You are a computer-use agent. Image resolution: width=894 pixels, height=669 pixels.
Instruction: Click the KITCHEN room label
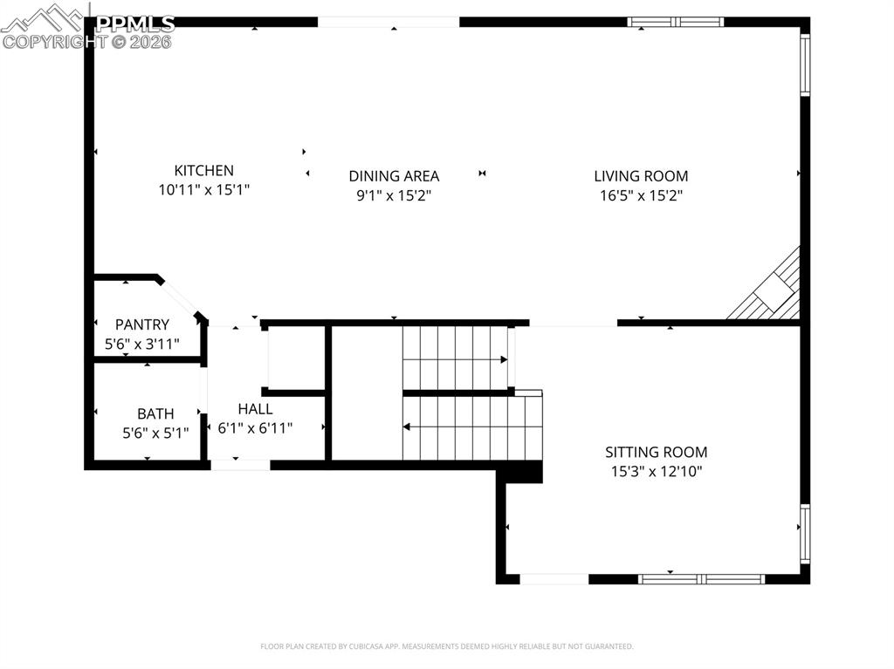[x=204, y=171]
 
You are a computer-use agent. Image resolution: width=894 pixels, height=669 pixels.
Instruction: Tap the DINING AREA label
[x=394, y=176]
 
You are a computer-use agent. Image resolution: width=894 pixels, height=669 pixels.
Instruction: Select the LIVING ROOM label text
[x=641, y=176]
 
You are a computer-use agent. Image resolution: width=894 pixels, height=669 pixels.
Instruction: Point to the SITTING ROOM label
[x=657, y=452]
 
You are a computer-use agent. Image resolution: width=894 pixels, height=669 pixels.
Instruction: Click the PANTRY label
[x=142, y=324]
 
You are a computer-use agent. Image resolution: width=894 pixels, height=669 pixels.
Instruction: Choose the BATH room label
[x=155, y=413]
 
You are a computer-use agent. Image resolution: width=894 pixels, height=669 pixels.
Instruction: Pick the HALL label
[x=255, y=408]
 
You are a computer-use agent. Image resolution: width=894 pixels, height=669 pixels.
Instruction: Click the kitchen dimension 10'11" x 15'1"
[x=204, y=190]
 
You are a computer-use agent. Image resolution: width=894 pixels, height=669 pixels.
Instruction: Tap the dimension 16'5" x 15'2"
[x=641, y=196]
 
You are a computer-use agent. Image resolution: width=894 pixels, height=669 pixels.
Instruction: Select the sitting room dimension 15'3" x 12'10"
[x=657, y=472]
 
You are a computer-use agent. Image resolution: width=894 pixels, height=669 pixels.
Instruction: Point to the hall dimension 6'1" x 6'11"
[x=255, y=428]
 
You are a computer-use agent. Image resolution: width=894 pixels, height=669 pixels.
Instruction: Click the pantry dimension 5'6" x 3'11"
[x=142, y=345]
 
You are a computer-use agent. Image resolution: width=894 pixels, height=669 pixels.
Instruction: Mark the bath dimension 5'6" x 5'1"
[x=155, y=433]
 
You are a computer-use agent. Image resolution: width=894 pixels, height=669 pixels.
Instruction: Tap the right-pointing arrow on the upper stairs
[x=504, y=359]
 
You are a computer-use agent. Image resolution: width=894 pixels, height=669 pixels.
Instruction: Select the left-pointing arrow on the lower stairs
[x=407, y=427]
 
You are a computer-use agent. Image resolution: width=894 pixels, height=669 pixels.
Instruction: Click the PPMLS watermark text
[x=135, y=24]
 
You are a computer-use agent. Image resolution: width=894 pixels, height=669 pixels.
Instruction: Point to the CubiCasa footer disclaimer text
[x=446, y=646]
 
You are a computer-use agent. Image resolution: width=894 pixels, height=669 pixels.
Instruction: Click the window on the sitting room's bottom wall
[x=702, y=578]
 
